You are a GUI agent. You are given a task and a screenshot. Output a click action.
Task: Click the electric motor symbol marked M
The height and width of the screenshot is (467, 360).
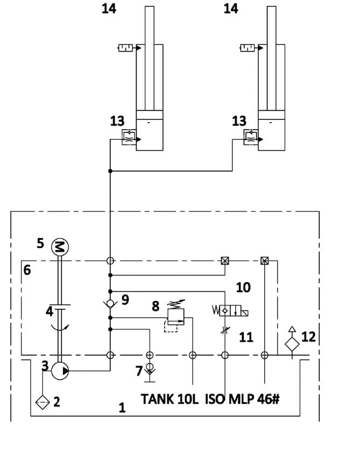(x=60, y=247)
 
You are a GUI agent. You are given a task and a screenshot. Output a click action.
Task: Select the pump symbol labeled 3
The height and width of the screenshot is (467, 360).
(x=60, y=371)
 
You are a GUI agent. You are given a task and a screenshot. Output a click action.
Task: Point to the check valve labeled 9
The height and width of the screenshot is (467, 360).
(x=110, y=303)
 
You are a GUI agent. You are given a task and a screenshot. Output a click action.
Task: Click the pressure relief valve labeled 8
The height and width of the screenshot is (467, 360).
(x=176, y=317)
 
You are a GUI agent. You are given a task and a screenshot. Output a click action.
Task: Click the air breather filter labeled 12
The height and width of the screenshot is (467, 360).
(x=292, y=343)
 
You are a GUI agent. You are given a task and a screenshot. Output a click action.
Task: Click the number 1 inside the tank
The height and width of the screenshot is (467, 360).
(x=122, y=408)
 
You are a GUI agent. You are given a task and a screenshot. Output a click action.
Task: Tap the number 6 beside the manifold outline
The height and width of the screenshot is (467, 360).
(x=27, y=270)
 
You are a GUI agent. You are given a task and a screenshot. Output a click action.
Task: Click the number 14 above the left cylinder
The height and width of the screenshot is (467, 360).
(x=109, y=9)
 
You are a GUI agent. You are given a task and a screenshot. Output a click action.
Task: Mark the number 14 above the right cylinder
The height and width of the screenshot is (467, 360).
(x=231, y=9)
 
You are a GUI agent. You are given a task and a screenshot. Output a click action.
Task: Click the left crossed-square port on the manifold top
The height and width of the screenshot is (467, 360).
(x=224, y=261)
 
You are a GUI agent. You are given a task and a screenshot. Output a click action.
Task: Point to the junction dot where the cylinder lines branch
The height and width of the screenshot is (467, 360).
(x=110, y=171)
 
